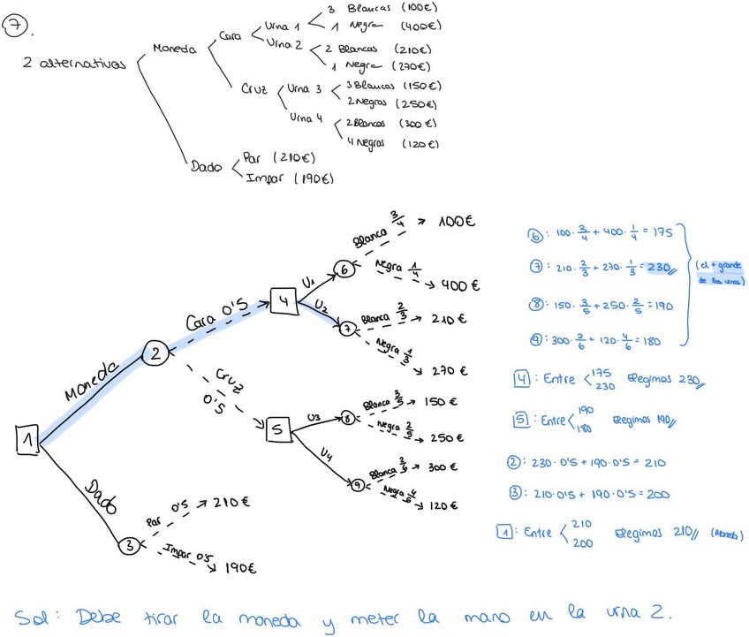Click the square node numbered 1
tap(26, 439)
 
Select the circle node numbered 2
tap(155, 353)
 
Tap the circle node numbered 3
tap(129, 546)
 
